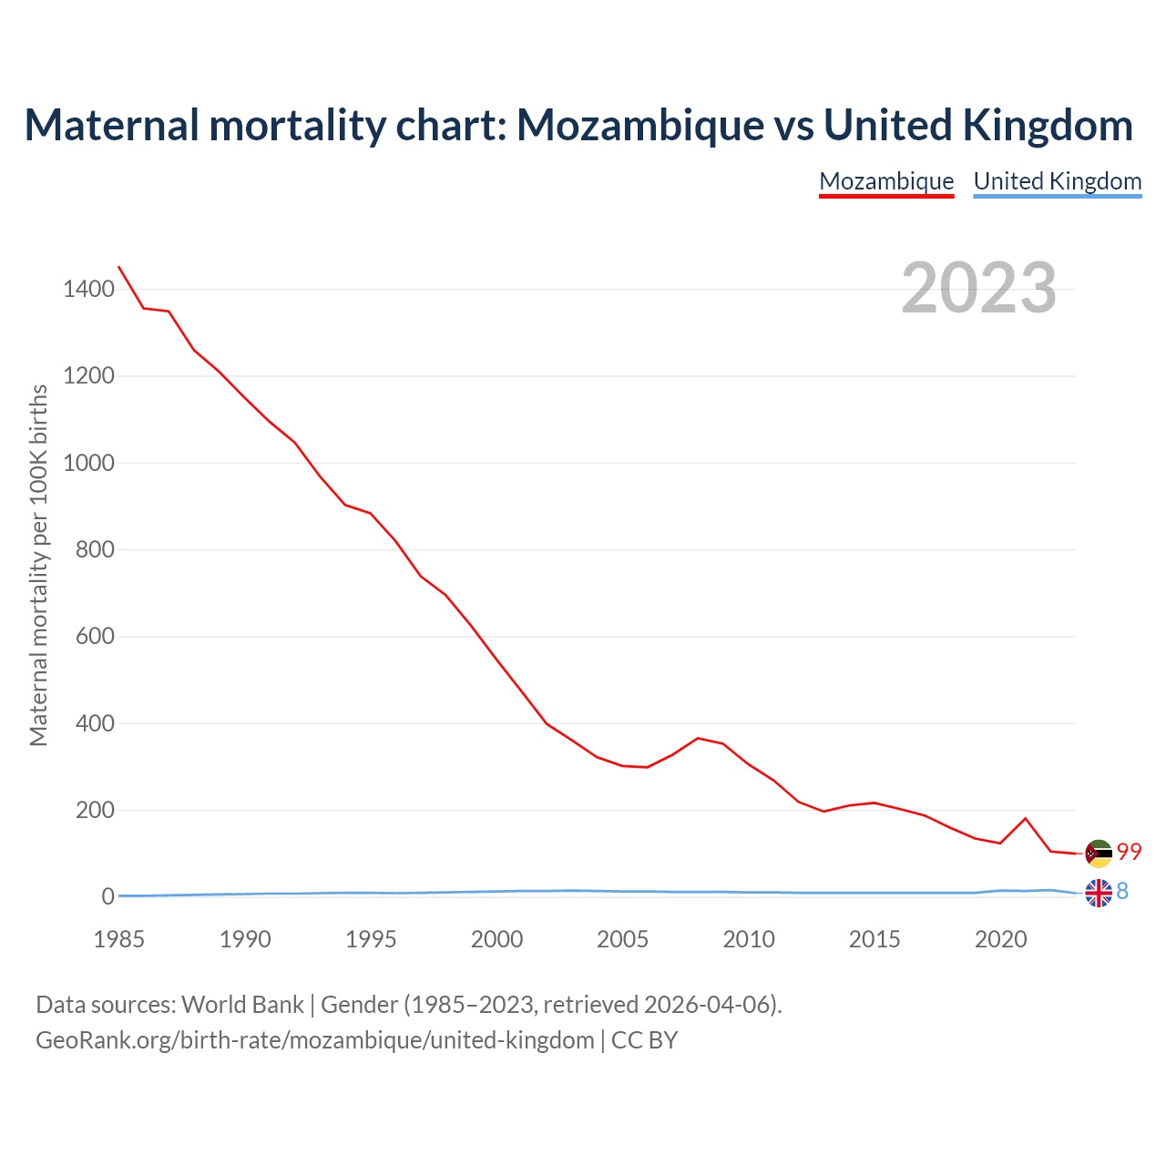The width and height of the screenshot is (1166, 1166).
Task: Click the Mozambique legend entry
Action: pyautogui.click(x=886, y=181)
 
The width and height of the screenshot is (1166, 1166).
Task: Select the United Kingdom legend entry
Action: pyautogui.click(x=1057, y=181)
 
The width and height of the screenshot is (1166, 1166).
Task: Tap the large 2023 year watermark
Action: pyautogui.click(x=978, y=288)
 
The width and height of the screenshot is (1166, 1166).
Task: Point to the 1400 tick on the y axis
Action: pyautogui.click(x=88, y=290)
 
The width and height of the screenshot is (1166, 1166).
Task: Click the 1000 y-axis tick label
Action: pyautogui.click(x=88, y=463)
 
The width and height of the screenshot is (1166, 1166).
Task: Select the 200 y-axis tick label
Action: pyautogui.click(x=95, y=810)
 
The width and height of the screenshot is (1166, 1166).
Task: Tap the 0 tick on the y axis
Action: pyautogui.click(x=108, y=896)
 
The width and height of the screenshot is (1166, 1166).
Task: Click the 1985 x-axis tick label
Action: pyautogui.click(x=119, y=939)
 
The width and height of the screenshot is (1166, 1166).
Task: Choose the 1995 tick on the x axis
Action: pyautogui.click(x=371, y=939)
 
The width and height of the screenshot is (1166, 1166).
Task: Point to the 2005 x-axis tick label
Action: pyautogui.click(x=622, y=939)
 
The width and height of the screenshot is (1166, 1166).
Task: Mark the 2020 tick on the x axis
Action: pyautogui.click(x=1000, y=939)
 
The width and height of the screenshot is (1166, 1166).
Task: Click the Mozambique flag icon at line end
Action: pyautogui.click(x=1099, y=854)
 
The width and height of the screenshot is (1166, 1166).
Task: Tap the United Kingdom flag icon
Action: pyautogui.click(x=1099, y=893)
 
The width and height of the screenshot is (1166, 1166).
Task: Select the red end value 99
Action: pyautogui.click(x=1130, y=852)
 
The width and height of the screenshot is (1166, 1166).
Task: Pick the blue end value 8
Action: pyautogui.click(x=1122, y=892)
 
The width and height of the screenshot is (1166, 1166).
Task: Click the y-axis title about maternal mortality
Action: pyautogui.click(x=38, y=565)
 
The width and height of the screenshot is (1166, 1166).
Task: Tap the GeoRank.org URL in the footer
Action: pyautogui.click(x=314, y=1040)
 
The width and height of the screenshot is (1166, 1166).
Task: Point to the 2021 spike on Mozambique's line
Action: pyautogui.click(x=1026, y=818)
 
